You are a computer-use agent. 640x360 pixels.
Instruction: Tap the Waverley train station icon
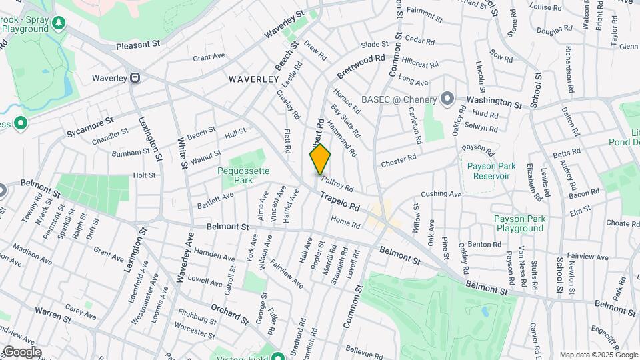tap(135, 77)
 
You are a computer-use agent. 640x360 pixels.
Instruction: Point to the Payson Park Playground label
tap(519, 223)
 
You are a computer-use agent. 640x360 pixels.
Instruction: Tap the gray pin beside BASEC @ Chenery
tap(447, 99)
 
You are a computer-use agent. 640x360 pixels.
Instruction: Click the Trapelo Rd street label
tap(339, 199)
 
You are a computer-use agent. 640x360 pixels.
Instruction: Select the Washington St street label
tap(493, 102)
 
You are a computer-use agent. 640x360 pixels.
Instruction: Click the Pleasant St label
tap(138, 45)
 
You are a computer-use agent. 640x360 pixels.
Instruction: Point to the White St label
tap(181, 150)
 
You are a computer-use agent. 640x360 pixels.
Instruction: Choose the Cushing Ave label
tap(441, 195)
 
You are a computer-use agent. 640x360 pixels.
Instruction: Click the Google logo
tap(22, 351)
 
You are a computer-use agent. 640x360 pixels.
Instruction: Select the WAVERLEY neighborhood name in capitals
tap(253, 79)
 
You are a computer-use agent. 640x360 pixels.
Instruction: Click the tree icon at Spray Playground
tap(60, 23)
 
